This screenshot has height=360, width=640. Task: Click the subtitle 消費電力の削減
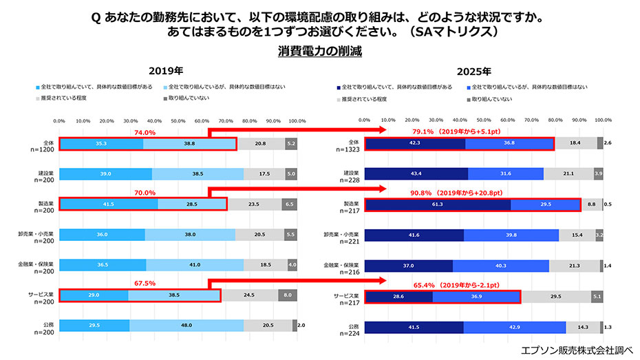(319, 51)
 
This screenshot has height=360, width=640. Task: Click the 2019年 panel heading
(166, 71)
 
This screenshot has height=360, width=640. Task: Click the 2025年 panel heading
(474, 71)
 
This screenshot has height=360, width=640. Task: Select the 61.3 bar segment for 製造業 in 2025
(438, 204)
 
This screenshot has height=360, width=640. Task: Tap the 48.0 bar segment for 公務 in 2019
(186, 326)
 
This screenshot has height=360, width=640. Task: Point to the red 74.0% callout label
(145, 133)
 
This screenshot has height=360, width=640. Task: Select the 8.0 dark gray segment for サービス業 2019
(288, 295)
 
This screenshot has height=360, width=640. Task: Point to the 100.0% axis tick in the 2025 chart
(603, 120)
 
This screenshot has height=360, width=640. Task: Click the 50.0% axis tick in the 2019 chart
(178, 120)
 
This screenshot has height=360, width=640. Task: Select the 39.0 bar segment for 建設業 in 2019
(105, 174)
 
